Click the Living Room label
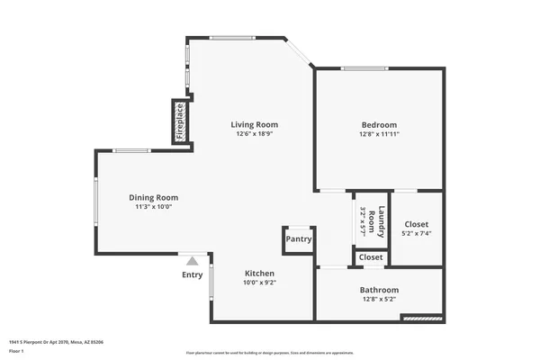point(254,124)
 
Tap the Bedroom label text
point(379,124)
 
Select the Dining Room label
point(153,197)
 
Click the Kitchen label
point(259,273)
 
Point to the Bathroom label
point(379,290)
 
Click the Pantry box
point(299,239)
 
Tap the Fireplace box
point(179,121)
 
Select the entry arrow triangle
point(191,260)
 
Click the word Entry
point(193,275)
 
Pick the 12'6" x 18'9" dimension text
point(254,134)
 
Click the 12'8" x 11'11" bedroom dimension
point(379,134)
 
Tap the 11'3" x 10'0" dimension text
point(153,206)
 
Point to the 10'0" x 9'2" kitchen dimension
point(259,283)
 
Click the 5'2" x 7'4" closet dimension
point(417,233)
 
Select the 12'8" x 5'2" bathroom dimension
point(379,299)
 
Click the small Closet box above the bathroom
point(371,257)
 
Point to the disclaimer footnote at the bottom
point(270,353)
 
